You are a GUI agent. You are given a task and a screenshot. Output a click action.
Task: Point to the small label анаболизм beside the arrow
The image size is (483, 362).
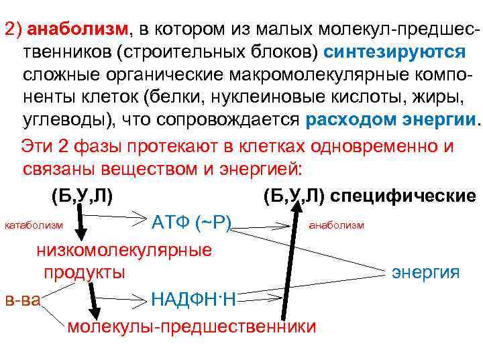click(336, 225)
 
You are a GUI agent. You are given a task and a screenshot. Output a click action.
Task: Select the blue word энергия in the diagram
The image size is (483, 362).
click(425, 272)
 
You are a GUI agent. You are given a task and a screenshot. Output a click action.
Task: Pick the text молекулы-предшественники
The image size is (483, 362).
click(191, 326)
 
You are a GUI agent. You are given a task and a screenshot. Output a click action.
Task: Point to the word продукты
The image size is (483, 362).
click(85, 272)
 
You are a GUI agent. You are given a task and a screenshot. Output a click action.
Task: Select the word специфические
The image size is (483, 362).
click(411, 196)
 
